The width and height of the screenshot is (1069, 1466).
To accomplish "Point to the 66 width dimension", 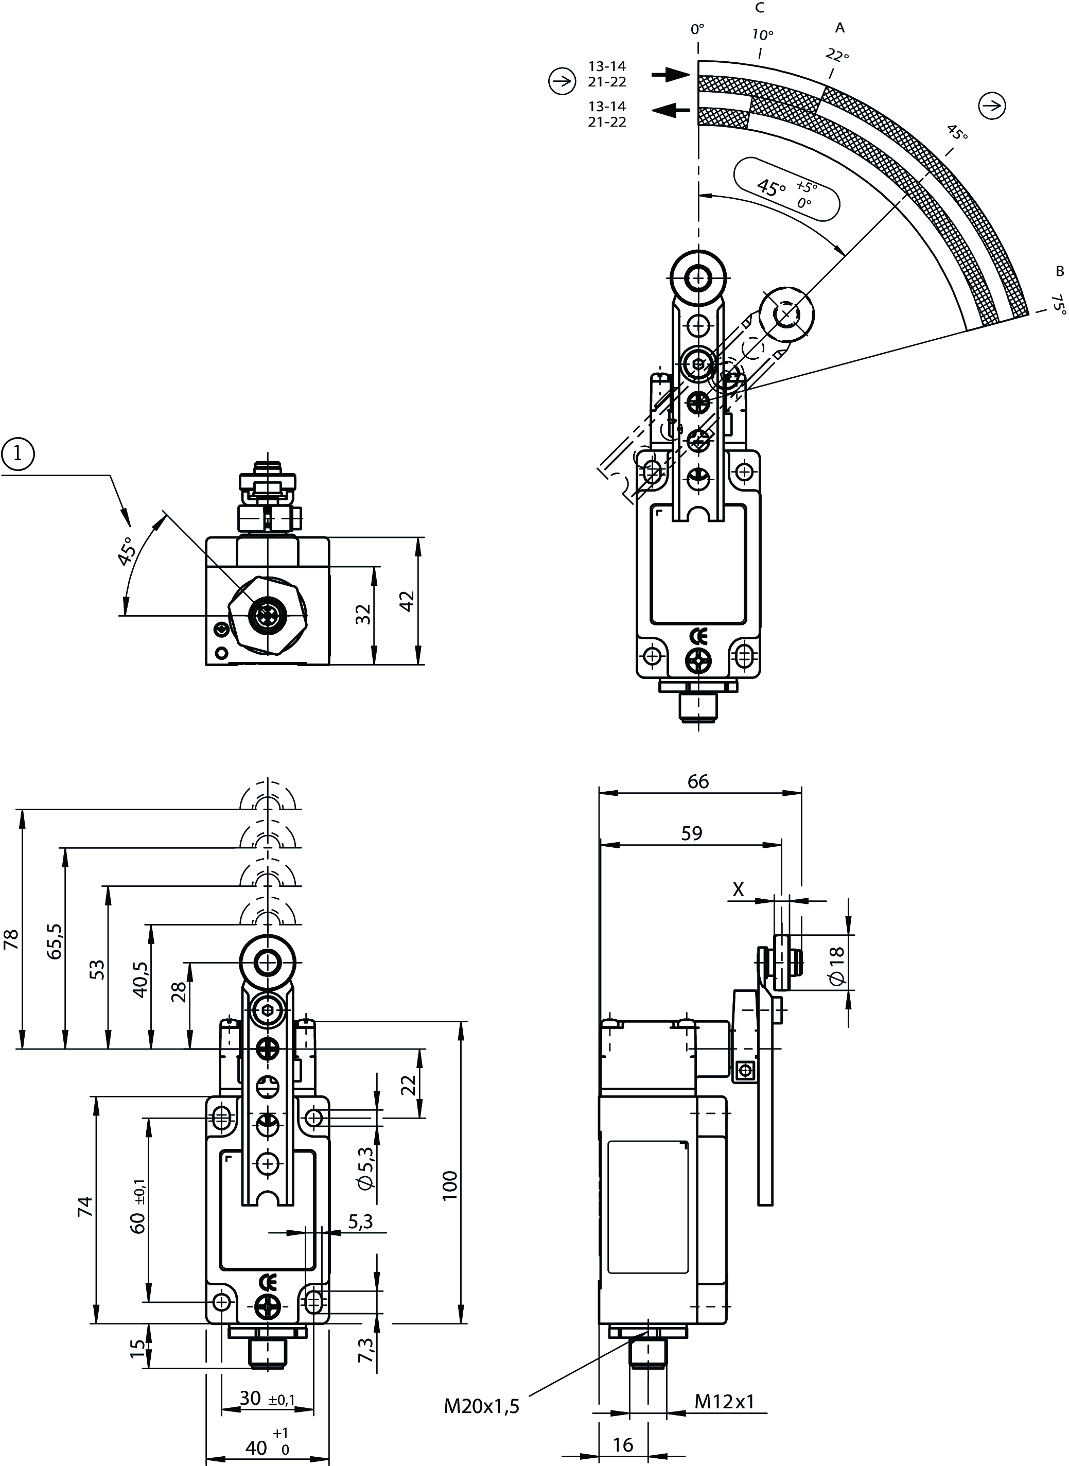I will (698, 781).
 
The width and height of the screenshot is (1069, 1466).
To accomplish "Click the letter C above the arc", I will (760, 8).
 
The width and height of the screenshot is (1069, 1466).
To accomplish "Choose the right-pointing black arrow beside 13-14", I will (671, 75).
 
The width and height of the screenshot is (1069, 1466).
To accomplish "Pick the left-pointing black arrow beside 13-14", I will (671, 111).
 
